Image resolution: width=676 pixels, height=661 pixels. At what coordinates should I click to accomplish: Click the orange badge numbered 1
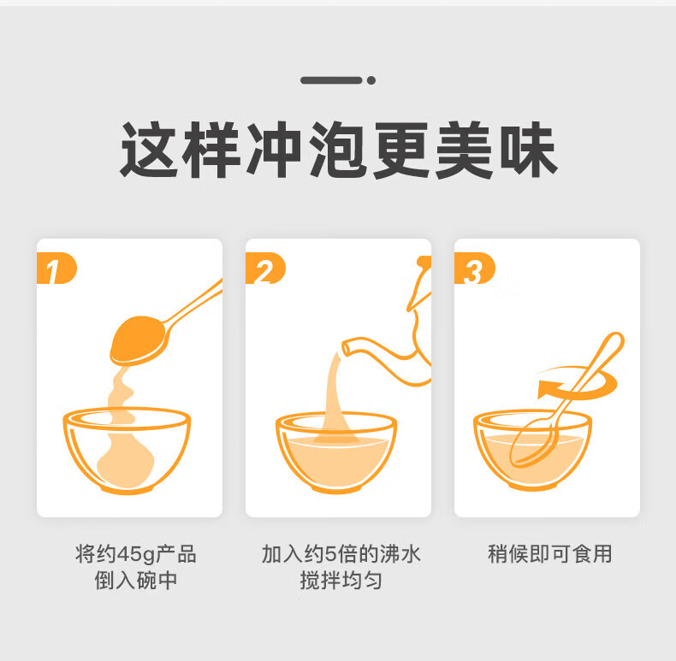(56, 268)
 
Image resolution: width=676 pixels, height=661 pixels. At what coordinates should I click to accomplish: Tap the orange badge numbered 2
(265, 268)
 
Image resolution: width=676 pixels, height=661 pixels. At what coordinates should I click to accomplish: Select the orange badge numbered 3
(474, 268)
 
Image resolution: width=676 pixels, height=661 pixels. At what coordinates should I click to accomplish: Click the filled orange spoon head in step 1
(138, 340)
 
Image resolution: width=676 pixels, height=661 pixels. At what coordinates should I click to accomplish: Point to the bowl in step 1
(127, 451)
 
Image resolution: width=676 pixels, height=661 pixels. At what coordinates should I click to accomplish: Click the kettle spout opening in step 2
(347, 348)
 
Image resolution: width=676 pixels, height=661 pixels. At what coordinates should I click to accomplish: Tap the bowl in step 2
(336, 452)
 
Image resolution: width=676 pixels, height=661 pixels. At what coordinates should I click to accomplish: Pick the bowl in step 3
(533, 450)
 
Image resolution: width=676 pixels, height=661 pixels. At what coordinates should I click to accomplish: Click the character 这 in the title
(149, 150)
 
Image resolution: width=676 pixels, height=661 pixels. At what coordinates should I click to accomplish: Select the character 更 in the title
(401, 150)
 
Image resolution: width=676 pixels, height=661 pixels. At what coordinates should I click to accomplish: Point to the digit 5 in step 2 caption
(330, 554)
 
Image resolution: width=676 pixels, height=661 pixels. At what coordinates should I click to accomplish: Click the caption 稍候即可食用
(549, 554)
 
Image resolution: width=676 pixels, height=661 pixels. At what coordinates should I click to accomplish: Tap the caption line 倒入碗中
(136, 580)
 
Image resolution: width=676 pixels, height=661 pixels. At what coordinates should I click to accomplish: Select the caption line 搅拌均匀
(341, 580)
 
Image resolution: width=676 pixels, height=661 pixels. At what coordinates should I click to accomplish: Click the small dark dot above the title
(371, 80)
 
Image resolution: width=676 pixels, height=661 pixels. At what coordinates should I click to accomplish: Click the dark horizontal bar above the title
(331, 80)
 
